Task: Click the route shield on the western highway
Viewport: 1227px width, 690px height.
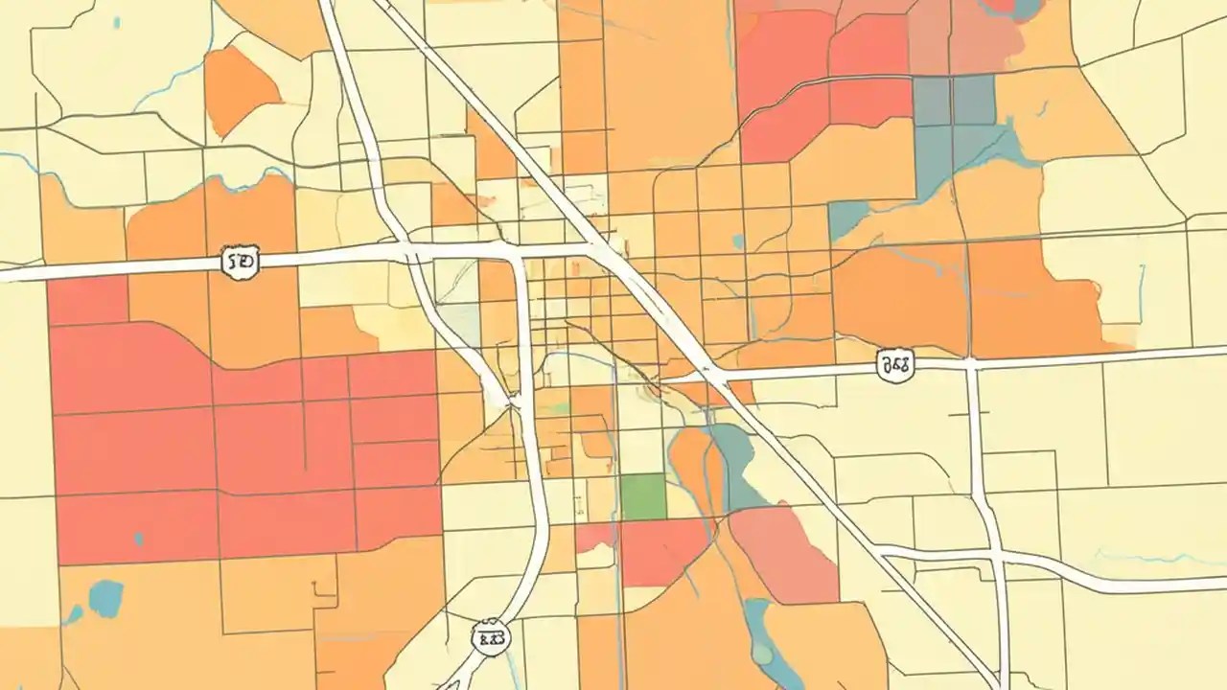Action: (239, 261)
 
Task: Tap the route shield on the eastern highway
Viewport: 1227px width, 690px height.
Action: (894, 365)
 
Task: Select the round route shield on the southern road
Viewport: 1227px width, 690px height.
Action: (491, 636)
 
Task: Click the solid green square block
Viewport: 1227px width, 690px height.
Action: (643, 497)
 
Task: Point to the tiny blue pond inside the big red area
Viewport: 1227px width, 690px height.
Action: (139, 539)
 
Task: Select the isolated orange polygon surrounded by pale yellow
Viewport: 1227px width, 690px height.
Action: (238, 89)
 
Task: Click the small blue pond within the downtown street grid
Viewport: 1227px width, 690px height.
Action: (736, 242)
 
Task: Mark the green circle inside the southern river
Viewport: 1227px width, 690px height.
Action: (761, 654)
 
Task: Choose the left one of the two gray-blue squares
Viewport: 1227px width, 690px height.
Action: (931, 101)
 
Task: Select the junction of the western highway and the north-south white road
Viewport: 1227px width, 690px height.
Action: (410, 253)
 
